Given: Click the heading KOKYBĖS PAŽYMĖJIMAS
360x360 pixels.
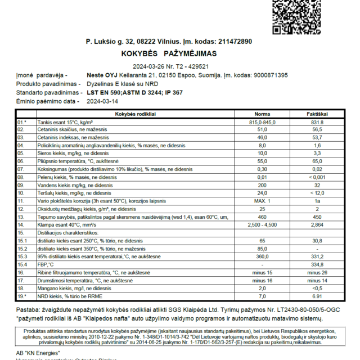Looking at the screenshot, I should coord(169,53).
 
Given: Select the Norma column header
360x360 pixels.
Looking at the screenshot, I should coord(262,114).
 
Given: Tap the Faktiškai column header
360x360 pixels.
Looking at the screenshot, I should coord(317,114).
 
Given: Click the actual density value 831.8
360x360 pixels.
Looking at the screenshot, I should coord(317,121).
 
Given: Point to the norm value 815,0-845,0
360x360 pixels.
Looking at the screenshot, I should coord(262,121).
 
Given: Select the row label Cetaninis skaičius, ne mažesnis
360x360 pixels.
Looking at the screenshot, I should coord(73,129).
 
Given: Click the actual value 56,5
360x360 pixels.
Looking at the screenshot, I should coord(317,129).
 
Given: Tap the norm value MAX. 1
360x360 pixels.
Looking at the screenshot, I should coord(262,200).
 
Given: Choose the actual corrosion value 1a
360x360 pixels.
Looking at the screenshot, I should coord(317,200).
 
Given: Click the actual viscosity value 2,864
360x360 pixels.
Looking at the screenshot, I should coord(317,224).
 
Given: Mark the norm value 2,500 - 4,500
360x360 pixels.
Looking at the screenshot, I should coord(262,224).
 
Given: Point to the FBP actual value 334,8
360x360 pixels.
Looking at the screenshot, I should coord(317,264).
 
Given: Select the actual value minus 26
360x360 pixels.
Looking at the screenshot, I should coord(317,272).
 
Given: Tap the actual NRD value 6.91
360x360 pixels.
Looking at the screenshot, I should coord(317,295).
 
